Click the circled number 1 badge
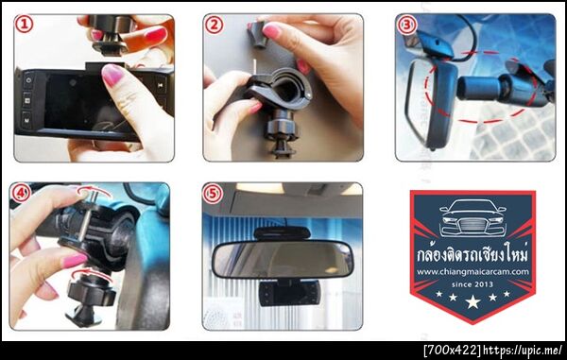coord(25,25)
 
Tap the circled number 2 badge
coord(214,26)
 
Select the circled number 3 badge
coord(406,26)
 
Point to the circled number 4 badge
coord(21,194)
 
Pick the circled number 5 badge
coord(213,194)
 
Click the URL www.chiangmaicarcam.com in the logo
coord(472,272)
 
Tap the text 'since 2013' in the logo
coord(472,284)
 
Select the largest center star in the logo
coord(473,301)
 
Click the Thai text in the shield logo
coord(472,254)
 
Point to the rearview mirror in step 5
coord(283,259)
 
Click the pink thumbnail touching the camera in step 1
coord(112,75)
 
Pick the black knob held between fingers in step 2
coord(257,34)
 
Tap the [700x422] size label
coord(453,350)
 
